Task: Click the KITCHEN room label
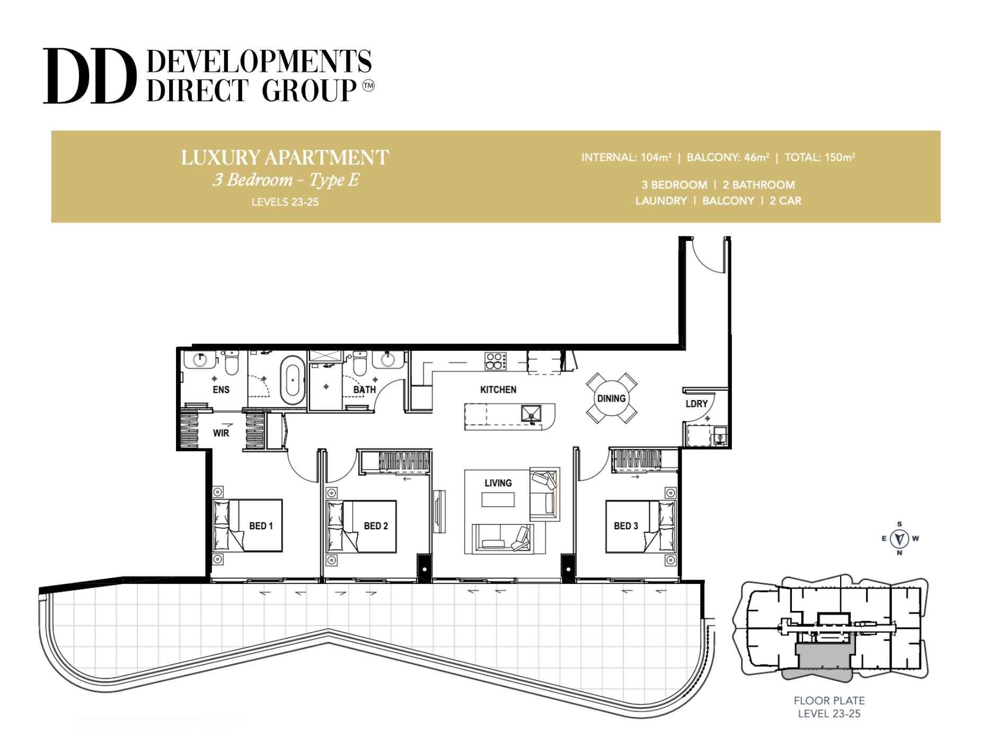498,390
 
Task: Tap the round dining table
611,398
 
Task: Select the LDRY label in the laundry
696,404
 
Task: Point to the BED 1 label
261,526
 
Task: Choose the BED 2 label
376,526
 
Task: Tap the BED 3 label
626,526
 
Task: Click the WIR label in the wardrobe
221,433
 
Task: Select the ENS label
221,390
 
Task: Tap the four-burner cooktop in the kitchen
496,361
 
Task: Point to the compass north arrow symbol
899,539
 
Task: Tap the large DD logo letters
87,76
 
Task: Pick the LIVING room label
498,483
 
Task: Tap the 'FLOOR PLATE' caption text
829,700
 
